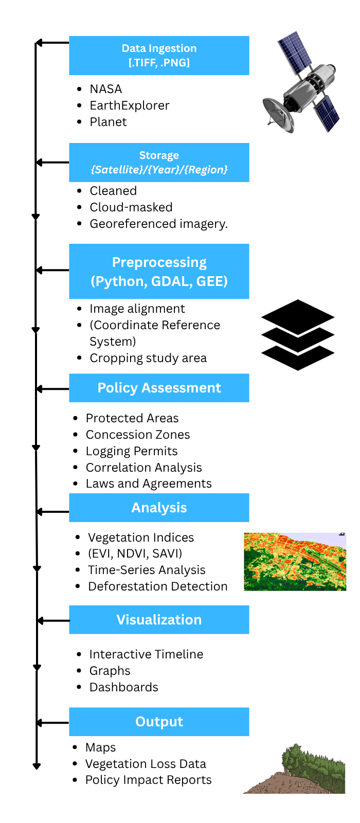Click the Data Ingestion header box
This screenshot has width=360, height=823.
[x=159, y=56]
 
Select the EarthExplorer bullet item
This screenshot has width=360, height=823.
[x=129, y=105]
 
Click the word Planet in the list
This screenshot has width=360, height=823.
[x=108, y=122]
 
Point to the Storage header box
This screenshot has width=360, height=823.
[x=159, y=163]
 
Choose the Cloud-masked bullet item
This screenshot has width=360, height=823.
[x=131, y=207]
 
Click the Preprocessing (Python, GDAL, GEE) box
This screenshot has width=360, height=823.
[x=159, y=272]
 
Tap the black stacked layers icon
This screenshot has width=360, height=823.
[x=298, y=335]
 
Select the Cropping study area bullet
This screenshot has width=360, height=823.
[x=148, y=358]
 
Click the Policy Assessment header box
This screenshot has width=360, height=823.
[x=159, y=388]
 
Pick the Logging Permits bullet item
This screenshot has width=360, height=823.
[x=131, y=451]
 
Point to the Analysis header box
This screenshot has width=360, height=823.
[x=159, y=508]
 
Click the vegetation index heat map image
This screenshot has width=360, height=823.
[x=295, y=562]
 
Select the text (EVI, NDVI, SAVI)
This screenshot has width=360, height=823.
[x=135, y=553]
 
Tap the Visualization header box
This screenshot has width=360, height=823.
[x=159, y=620]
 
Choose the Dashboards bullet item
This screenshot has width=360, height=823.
[x=123, y=687]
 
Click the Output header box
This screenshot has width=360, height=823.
[x=159, y=722]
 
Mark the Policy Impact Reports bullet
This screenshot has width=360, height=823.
[x=148, y=780]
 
